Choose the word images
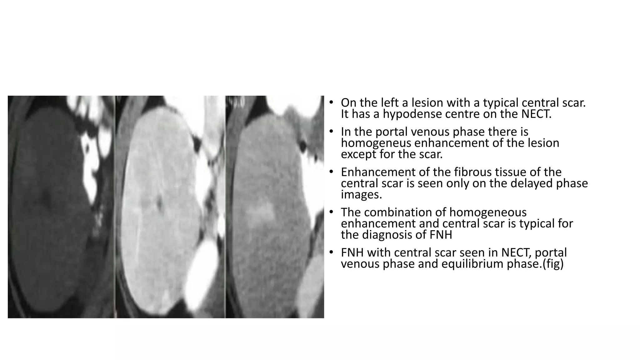coord(361,195)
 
